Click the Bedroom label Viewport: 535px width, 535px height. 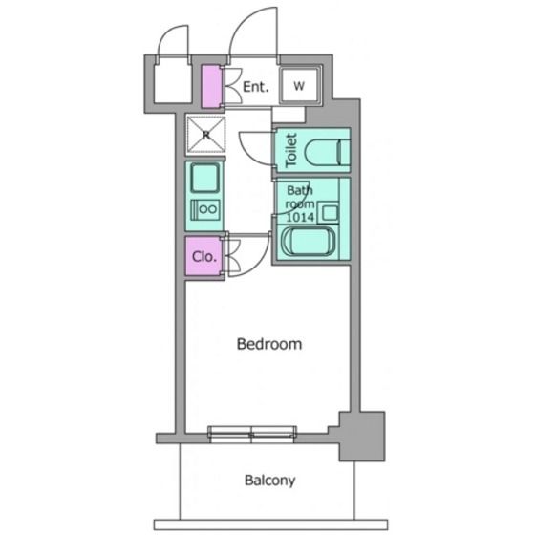point(269,344)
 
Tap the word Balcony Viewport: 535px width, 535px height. point(269,481)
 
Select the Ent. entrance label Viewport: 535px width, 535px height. point(256,87)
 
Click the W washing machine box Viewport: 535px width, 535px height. point(300,85)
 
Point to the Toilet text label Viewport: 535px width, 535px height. point(291,150)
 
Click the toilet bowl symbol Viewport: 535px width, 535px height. point(327,152)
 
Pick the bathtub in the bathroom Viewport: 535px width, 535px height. point(308,242)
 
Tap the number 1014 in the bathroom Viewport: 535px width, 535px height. point(300,217)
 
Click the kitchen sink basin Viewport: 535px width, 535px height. point(204,178)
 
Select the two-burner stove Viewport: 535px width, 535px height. point(204,209)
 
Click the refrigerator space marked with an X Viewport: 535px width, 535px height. point(205,135)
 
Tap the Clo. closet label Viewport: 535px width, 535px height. point(204,256)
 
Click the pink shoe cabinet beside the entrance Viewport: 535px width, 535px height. point(211,87)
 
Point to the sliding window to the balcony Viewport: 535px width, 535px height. point(252,435)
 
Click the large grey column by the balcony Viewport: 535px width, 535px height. point(362,436)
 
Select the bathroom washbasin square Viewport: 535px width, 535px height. point(329,213)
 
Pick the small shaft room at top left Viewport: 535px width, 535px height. point(172,83)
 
